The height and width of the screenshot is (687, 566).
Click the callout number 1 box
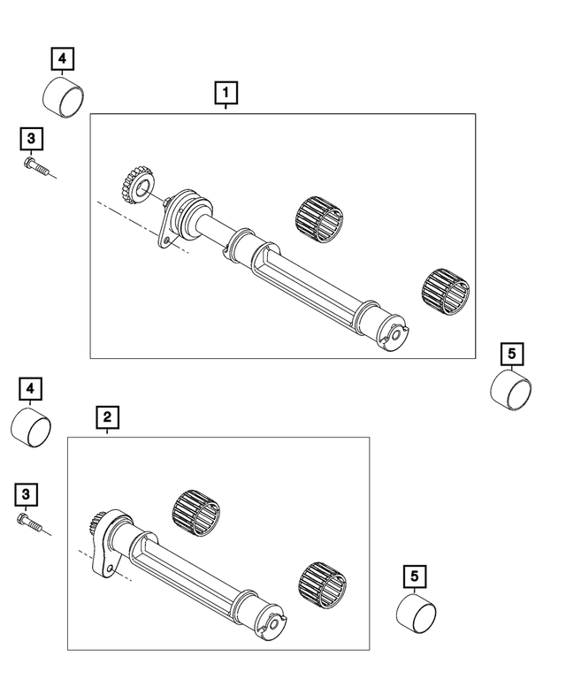click(226, 92)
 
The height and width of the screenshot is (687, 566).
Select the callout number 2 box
click(106, 416)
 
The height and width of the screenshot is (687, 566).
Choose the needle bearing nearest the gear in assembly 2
click(195, 510)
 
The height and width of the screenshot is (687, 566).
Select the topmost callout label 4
click(61, 59)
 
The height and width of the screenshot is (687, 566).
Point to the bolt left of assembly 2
click(30, 523)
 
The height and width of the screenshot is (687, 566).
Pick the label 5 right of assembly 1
click(512, 355)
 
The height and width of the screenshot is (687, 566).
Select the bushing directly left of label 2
click(30, 428)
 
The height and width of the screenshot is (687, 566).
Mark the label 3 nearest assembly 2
click(30, 492)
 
